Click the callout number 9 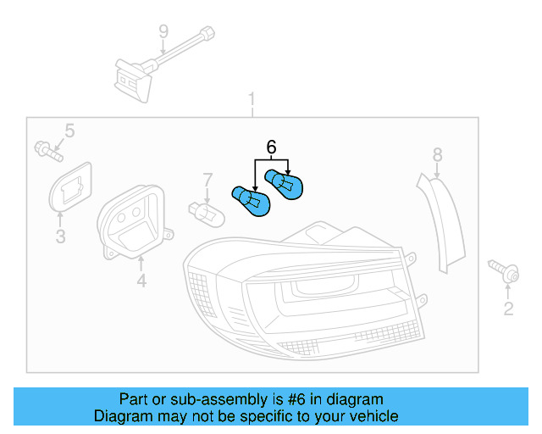(x=163, y=32)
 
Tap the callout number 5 (x=69, y=131)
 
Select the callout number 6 (x=271, y=147)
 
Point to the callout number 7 (x=206, y=180)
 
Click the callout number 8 (x=437, y=154)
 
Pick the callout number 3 (x=60, y=236)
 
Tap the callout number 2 (x=508, y=309)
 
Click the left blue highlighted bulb (x=251, y=200)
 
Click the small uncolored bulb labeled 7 (x=206, y=213)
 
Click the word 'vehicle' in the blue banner (x=370, y=416)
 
